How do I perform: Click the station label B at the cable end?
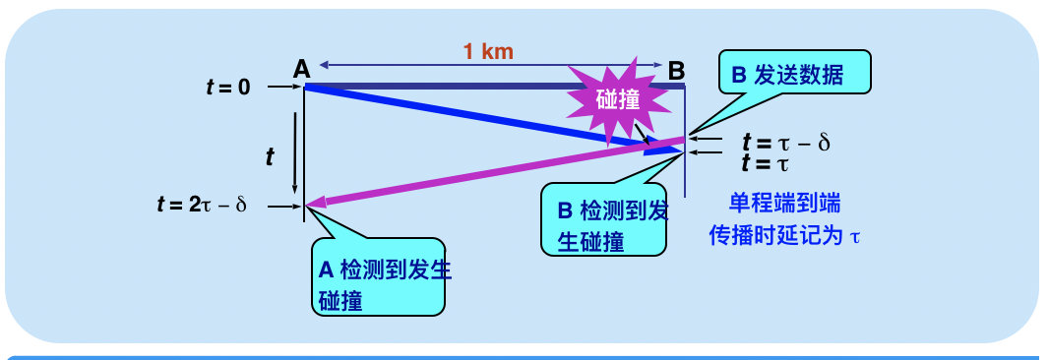[x=677, y=70]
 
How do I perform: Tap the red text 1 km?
[x=489, y=51]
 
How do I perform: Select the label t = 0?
[x=227, y=87]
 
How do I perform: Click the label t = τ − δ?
[x=785, y=144]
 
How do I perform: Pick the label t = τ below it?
[x=766, y=163]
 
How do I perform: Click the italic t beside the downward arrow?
[x=273, y=154]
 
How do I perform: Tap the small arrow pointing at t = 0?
[x=283, y=88]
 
